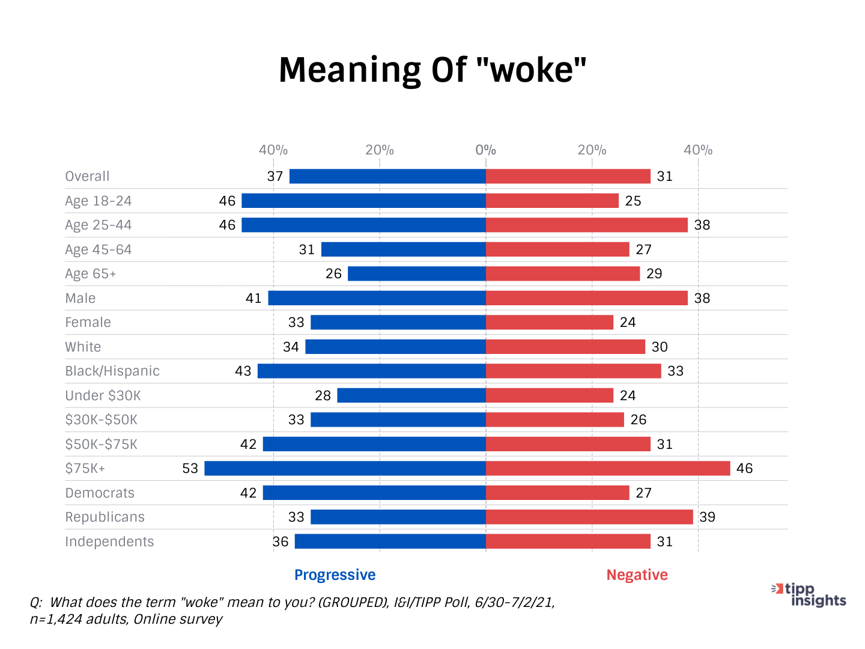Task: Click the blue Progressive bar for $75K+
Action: click(x=345, y=468)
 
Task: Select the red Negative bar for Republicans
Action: click(x=589, y=517)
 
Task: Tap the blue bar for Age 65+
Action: click(x=417, y=273)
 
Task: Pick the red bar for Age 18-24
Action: click(x=552, y=201)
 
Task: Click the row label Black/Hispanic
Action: click(x=112, y=371)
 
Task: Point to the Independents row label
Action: click(x=109, y=541)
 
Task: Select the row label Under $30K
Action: click(x=103, y=395)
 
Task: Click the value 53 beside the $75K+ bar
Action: click(x=190, y=468)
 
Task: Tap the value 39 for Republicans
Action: click(x=707, y=517)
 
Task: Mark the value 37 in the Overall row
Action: click(x=275, y=176)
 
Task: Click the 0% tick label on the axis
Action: click(x=485, y=150)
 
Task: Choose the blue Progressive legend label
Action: click(x=335, y=575)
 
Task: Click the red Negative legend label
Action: click(x=637, y=575)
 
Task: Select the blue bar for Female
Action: click(x=398, y=322)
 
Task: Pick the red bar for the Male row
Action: click(x=587, y=298)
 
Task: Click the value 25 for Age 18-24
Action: click(x=633, y=201)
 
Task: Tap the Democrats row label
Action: click(x=100, y=493)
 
